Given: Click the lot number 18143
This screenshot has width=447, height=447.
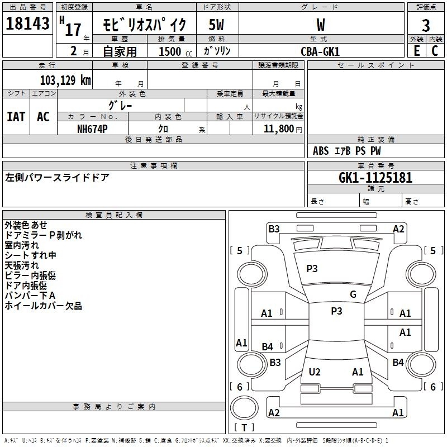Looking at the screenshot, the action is (27, 23).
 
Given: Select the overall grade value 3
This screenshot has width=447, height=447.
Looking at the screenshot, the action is (426, 25).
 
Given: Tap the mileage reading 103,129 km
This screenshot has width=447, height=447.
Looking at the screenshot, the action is (65, 80).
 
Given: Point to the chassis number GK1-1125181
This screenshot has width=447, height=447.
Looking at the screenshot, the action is (375, 178).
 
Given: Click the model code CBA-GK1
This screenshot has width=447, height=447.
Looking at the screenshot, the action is (320, 51).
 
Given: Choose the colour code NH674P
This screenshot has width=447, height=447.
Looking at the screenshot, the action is (92, 129).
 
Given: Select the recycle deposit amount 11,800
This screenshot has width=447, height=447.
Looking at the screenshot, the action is (278, 129).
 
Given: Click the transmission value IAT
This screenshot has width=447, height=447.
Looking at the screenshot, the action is (16, 117).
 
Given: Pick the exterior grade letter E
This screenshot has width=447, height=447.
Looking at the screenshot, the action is (417, 51).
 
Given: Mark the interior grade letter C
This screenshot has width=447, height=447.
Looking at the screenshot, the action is (435, 51).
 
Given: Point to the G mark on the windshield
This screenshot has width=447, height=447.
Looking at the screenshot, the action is (353, 294).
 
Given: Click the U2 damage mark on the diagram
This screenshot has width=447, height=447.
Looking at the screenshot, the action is (315, 372).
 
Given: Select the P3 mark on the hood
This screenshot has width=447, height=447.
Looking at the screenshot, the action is (312, 268).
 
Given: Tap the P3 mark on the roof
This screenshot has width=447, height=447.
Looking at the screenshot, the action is (336, 311).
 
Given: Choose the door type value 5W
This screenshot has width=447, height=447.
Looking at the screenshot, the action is (216, 25).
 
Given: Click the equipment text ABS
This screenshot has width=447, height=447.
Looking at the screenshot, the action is (321, 151).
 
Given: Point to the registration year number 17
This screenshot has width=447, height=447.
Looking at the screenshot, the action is (73, 30).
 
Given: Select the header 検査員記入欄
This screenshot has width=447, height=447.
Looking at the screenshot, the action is (114, 215).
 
